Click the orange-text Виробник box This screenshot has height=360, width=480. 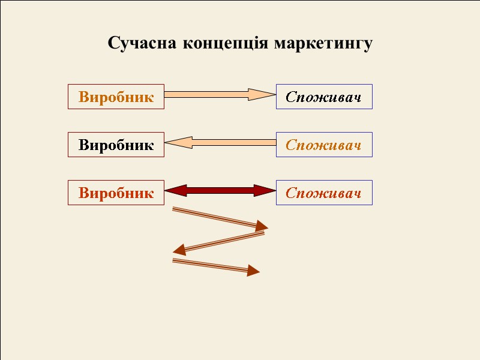point(116,97)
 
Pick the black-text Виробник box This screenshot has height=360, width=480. point(116,145)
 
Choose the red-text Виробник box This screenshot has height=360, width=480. point(116,193)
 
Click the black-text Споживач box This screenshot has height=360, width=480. point(324,97)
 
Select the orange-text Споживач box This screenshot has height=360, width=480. point(324,145)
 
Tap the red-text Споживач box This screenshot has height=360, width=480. point(324,193)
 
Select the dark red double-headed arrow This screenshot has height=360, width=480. point(220,191)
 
